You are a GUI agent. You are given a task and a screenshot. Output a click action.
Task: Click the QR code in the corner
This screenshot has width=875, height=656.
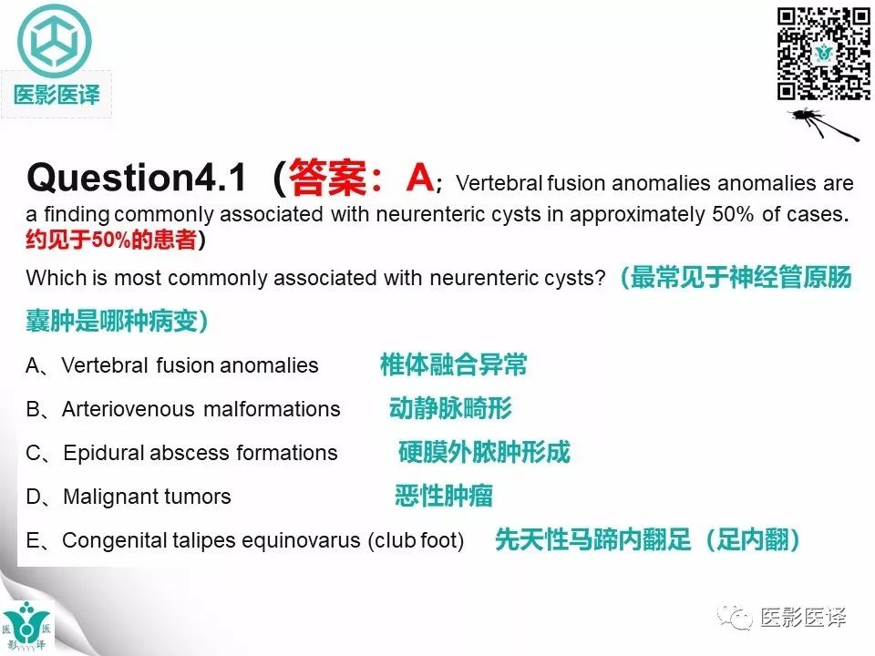point(823,54)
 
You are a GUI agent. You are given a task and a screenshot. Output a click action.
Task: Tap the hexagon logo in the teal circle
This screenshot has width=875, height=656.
point(56,42)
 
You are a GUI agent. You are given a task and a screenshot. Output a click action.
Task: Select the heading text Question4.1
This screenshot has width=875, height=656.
point(137,178)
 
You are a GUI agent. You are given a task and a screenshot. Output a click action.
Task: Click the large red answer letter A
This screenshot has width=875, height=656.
point(418,177)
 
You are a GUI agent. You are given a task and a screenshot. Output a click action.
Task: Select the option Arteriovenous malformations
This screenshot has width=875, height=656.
point(201,410)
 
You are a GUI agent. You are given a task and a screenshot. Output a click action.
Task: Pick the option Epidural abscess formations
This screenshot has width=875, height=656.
point(201,454)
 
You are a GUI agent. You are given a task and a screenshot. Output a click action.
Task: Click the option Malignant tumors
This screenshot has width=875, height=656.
point(147,497)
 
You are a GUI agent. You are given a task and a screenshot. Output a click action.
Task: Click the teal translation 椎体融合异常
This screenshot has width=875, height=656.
point(453,366)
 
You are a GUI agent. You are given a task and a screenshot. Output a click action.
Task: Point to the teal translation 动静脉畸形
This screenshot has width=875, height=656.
point(450,409)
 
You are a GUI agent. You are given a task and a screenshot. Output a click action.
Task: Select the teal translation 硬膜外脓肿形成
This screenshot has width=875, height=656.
point(484,453)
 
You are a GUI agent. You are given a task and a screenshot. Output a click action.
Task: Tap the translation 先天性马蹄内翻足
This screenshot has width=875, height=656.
point(582,540)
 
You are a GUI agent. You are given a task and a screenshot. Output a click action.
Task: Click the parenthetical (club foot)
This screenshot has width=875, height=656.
point(416,541)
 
